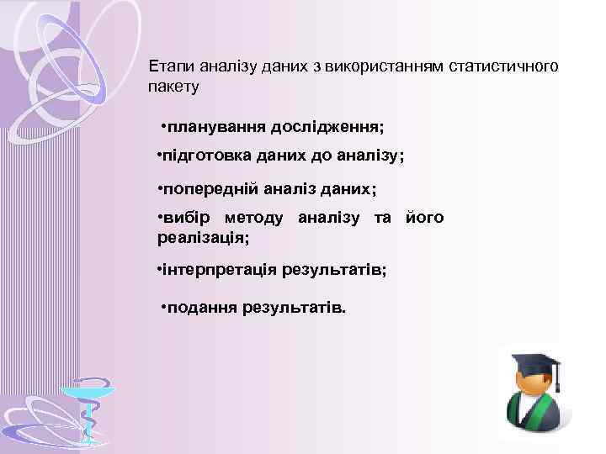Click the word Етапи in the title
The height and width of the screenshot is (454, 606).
167,66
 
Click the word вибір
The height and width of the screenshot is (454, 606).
188,219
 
